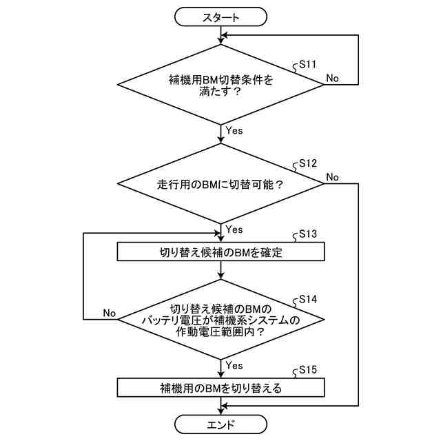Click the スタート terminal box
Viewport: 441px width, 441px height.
point(220,18)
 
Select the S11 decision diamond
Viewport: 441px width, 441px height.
point(220,85)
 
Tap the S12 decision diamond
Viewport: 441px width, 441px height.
point(220,185)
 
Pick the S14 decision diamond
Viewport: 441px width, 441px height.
point(220,319)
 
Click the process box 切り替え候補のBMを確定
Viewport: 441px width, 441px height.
point(220,252)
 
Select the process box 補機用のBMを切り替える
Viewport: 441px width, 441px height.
point(220,388)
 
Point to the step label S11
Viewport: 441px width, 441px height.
point(305,64)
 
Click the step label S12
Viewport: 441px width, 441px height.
point(305,164)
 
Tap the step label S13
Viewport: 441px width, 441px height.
point(305,234)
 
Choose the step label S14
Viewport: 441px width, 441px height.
point(305,300)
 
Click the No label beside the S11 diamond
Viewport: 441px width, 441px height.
point(332,78)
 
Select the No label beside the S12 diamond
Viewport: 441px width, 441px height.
point(332,177)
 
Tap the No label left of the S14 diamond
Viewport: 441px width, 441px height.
point(109,312)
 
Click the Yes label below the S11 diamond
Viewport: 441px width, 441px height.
point(234,130)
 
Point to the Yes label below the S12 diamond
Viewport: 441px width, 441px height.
point(234,229)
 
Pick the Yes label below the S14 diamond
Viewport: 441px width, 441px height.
point(234,365)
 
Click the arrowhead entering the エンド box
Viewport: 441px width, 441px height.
point(220,412)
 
